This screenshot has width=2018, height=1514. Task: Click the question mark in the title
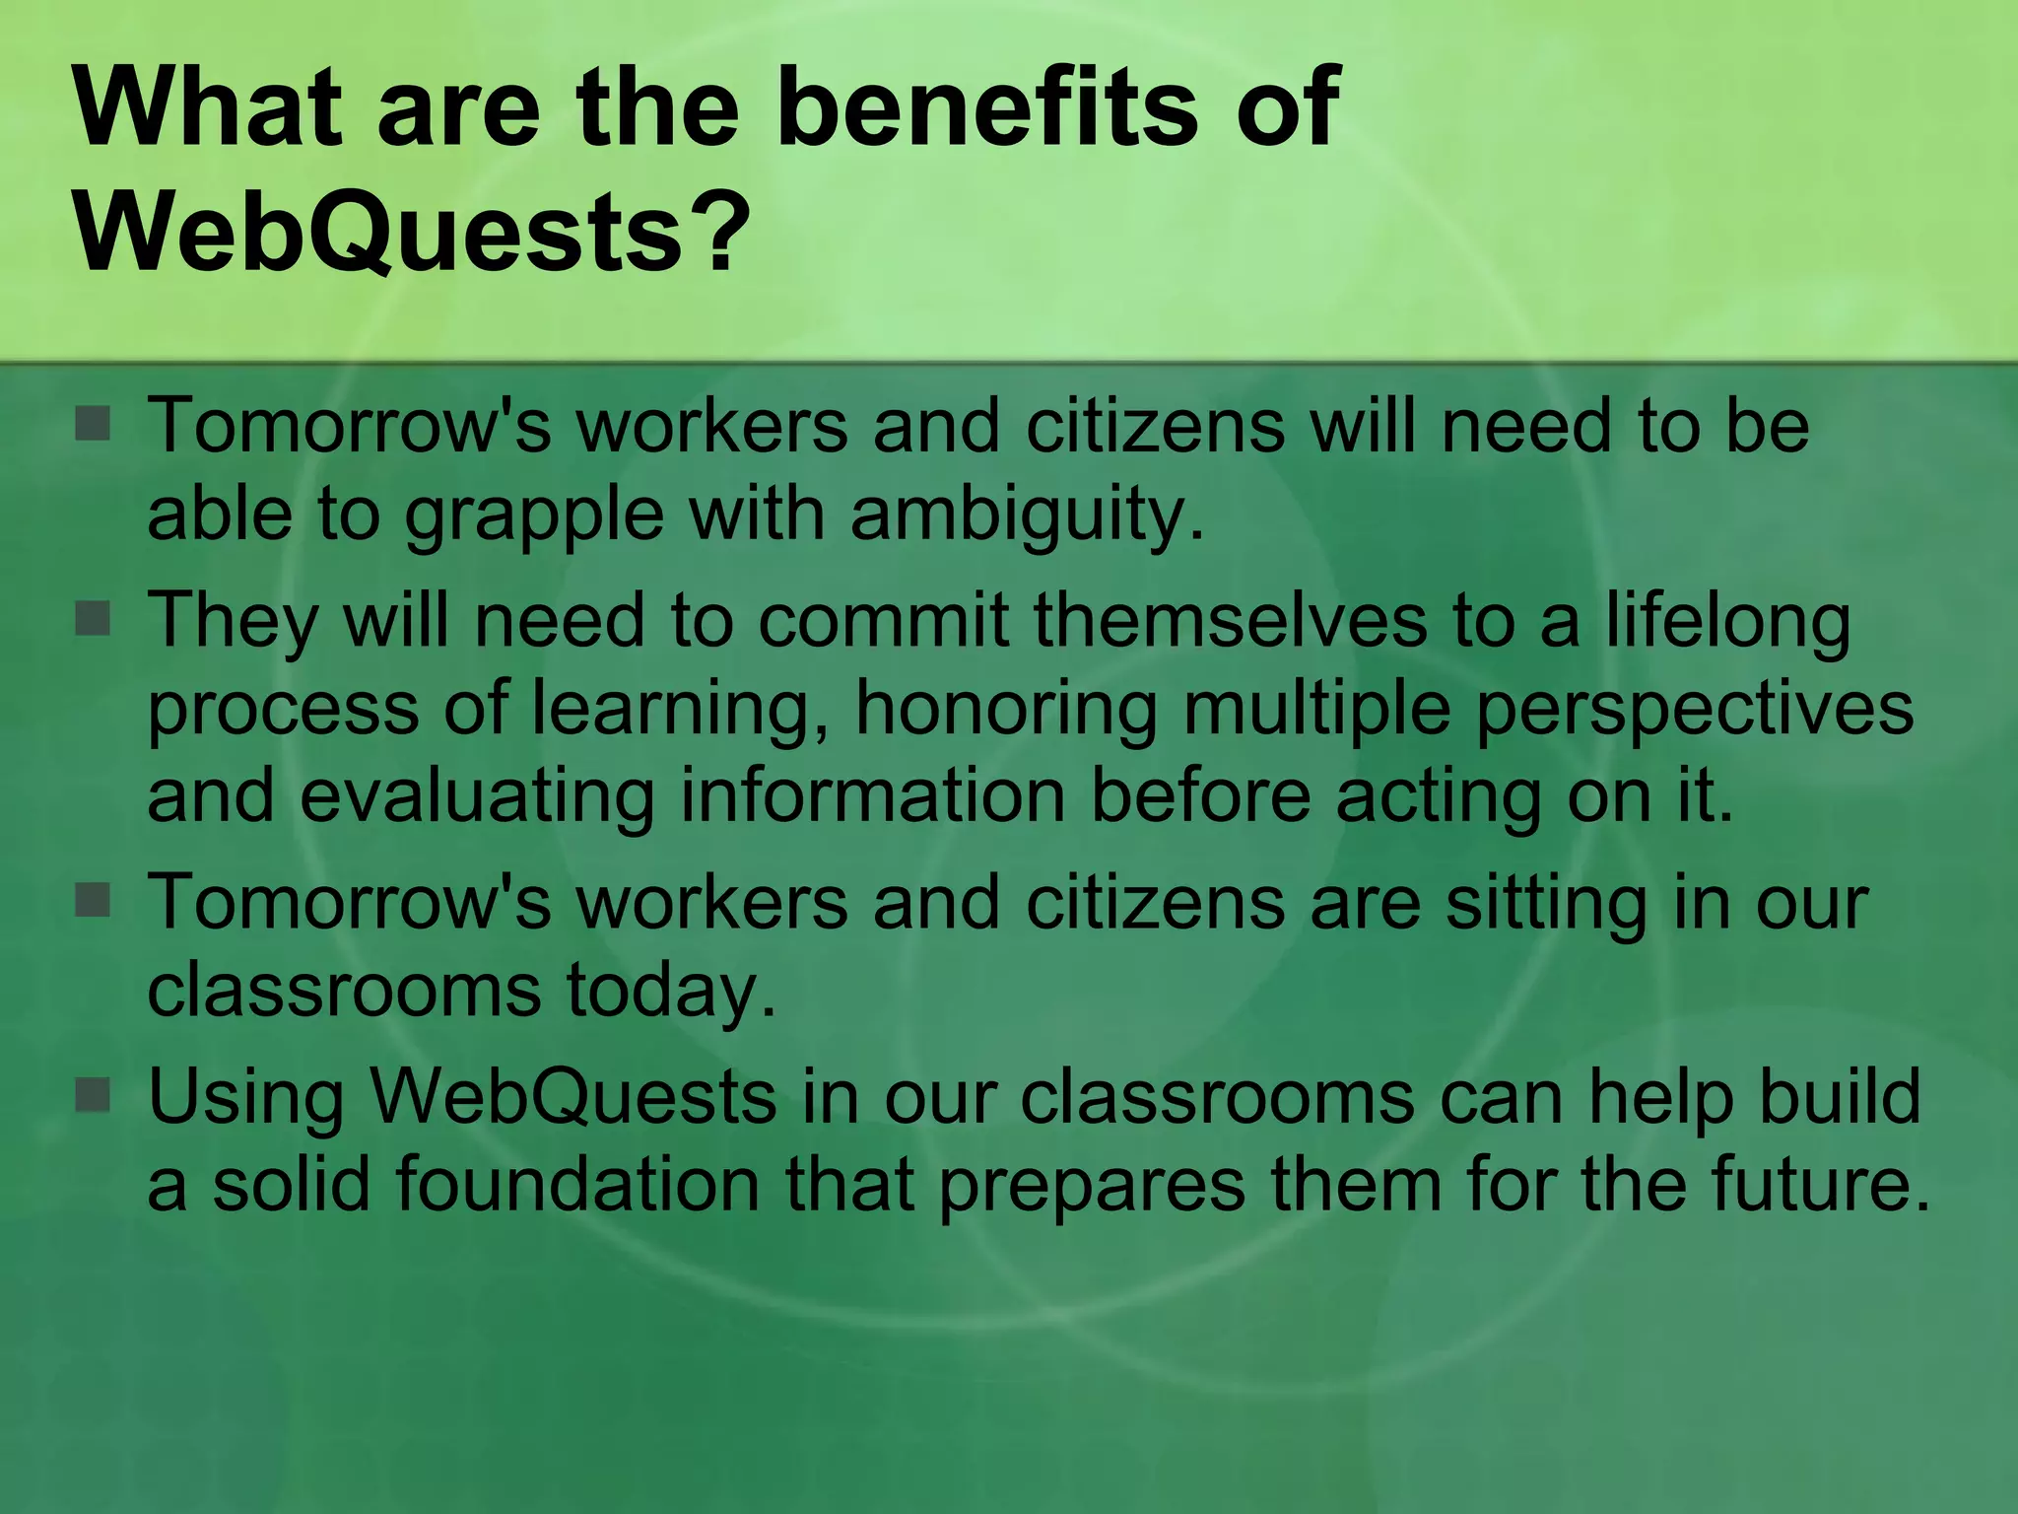(720, 233)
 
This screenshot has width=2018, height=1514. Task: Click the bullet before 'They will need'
(94, 620)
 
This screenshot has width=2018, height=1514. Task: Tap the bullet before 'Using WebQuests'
(94, 1095)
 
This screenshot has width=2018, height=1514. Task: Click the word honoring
(1006, 708)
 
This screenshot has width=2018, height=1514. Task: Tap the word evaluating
(477, 795)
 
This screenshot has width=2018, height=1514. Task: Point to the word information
(873, 795)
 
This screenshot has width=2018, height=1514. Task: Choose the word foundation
(577, 1184)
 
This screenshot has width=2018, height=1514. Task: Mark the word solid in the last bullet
(292, 1184)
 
